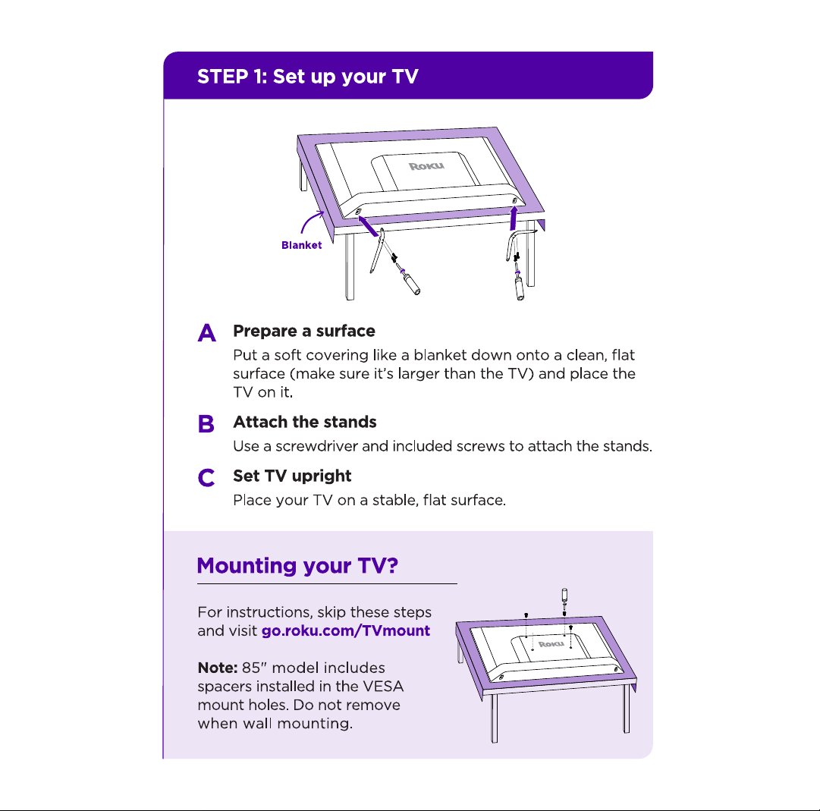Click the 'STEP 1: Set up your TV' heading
[307, 77]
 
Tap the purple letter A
[206, 332]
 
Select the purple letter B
[206, 423]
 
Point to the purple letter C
[206, 477]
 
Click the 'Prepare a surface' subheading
[304, 331]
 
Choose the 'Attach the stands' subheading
[305, 422]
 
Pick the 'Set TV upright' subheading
[292, 476]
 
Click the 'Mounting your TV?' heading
[297, 566]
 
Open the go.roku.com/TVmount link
[346, 630]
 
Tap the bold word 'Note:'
[218, 668]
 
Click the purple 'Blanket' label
[302, 245]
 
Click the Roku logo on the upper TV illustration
[427, 166]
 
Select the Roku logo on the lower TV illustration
[551, 643]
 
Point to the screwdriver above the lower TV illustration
[564, 601]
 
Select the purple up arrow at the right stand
[514, 218]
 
